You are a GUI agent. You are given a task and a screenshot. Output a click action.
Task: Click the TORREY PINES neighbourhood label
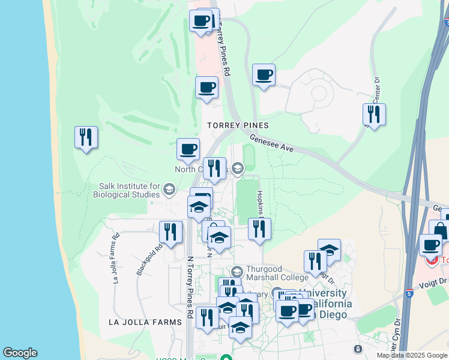click(x=237, y=125)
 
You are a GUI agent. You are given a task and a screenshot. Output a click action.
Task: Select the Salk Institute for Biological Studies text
click(x=125, y=191)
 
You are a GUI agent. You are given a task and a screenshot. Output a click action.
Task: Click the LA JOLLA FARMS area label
click(x=145, y=322)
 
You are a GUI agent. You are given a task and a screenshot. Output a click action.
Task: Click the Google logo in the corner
click(x=20, y=353)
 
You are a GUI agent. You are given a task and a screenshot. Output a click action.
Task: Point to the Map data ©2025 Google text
click(x=412, y=355)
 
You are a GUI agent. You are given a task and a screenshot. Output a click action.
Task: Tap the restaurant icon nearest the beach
click(x=86, y=137)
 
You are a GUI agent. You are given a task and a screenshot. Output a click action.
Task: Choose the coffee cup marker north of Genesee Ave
click(x=264, y=75)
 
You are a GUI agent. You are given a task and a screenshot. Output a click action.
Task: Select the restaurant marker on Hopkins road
click(x=259, y=229)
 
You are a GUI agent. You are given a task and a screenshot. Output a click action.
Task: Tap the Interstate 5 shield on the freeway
click(x=409, y=294)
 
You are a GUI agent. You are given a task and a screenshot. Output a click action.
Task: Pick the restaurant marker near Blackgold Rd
click(x=170, y=232)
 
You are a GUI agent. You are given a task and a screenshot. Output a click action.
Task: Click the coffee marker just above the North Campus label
click(x=188, y=149)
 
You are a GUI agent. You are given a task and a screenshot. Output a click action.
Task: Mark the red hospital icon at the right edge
click(x=430, y=260)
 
